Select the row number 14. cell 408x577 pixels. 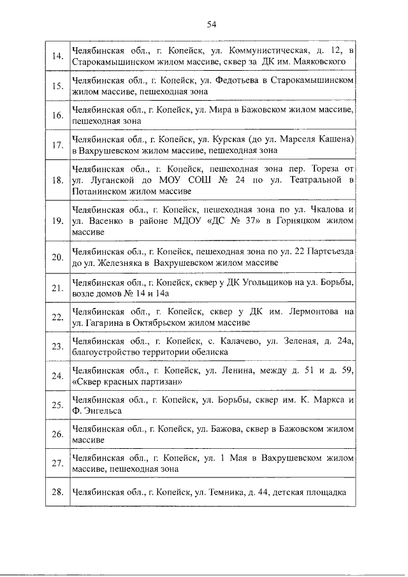[x=57, y=56]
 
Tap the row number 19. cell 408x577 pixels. [x=57, y=221]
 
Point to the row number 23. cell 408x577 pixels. [x=57, y=346]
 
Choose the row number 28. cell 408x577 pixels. [x=57, y=493]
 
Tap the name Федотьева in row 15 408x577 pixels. [x=235, y=80]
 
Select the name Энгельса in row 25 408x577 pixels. [x=103, y=411]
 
